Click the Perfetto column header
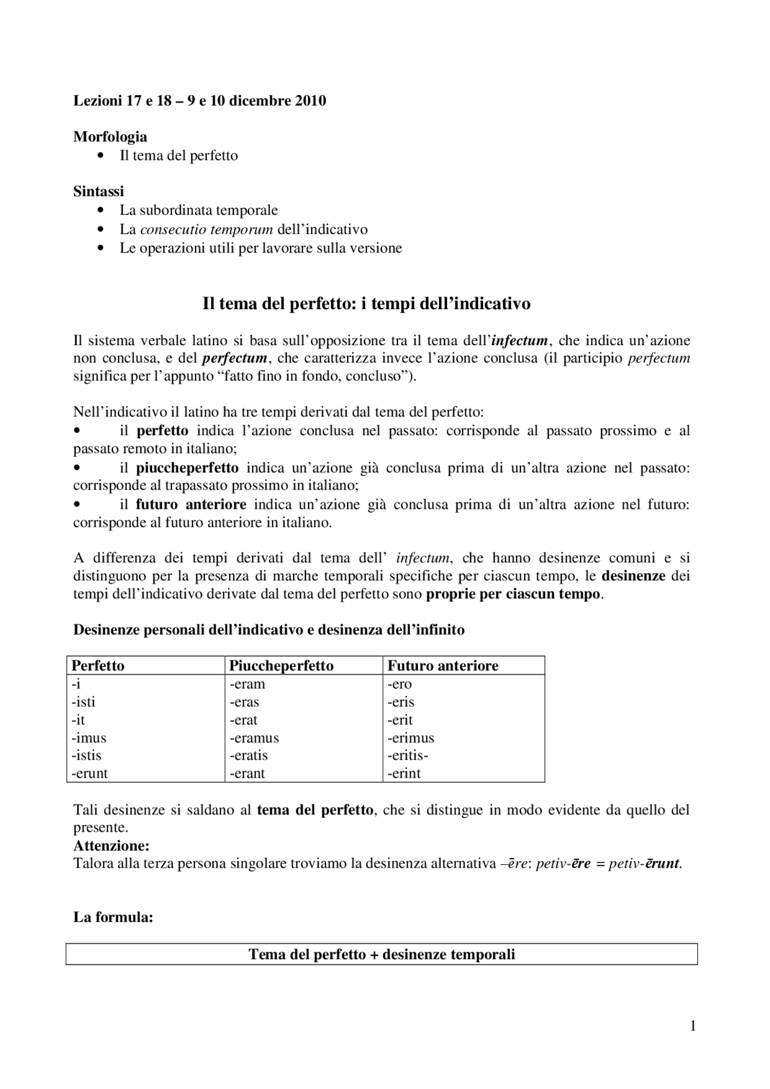pos(98,666)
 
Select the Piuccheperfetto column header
pos(281,666)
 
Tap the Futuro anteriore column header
pos(443,666)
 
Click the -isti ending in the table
pos(84,702)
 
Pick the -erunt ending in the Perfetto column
pos(90,773)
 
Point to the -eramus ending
pos(254,738)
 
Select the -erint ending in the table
pos(404,773)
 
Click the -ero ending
pos(399,684)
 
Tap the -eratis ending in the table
pos(248,755)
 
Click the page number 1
pos(693,1026)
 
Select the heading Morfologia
pos(110,137)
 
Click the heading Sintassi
pos(99,191)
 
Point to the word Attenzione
pos(111,845)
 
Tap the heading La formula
pos(113,918)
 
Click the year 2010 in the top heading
pos(310,100)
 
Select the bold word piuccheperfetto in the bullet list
pos(187,467)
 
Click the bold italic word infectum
pos(520,341)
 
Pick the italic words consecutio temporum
pos(206,229)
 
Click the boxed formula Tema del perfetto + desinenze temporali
pos(382,954)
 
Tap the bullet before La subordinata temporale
pos(100,210)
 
